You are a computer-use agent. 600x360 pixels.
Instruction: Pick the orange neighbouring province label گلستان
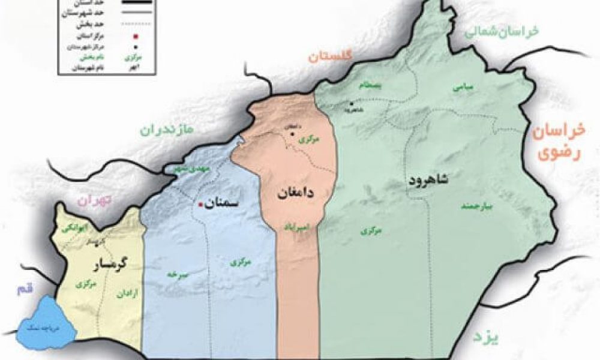tap(329, 57)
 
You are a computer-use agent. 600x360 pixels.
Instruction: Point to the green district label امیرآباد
tap(296, 227)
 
